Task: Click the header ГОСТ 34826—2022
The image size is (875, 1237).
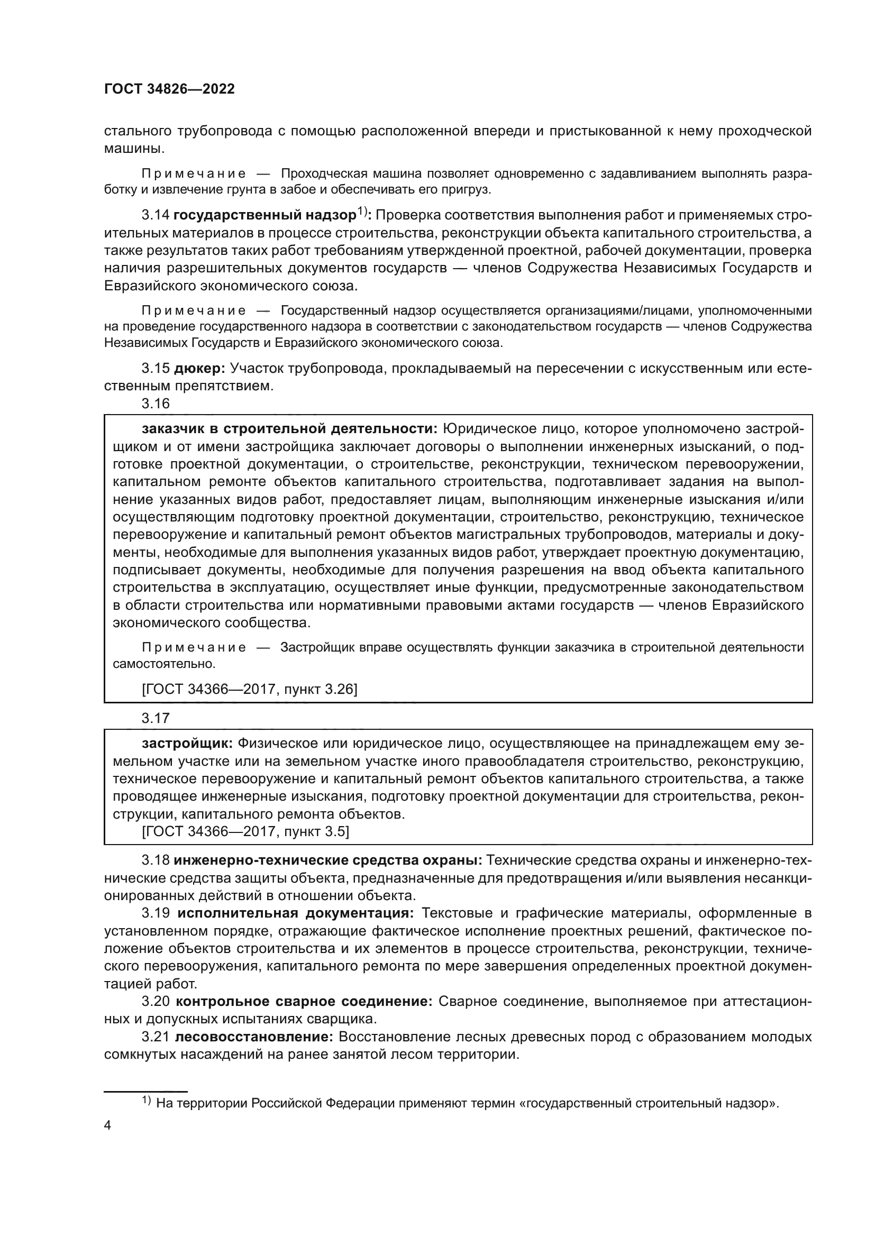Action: click(x=169, y=89)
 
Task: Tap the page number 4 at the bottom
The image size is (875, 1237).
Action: click(x=107, y=1125)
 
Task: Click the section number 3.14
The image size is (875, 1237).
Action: click(x=155, y=215)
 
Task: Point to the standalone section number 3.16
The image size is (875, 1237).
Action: click(x=155, y=404)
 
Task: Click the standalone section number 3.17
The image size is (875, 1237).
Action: click(x=155, y=718)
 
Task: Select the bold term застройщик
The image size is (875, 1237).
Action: click(x=187, y=744)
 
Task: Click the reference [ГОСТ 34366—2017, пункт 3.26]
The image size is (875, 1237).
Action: click(x=249, y=689)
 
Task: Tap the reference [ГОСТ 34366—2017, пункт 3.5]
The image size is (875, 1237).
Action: click(x=245, y=832)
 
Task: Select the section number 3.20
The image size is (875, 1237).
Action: click(x=155, y=1002)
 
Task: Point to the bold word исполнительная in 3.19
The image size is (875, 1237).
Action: click(x=237, y=913)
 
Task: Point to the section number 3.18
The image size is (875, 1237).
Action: click(x=155, y=860)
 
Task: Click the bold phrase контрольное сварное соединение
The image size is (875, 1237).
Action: click(x=304, y=1002)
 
